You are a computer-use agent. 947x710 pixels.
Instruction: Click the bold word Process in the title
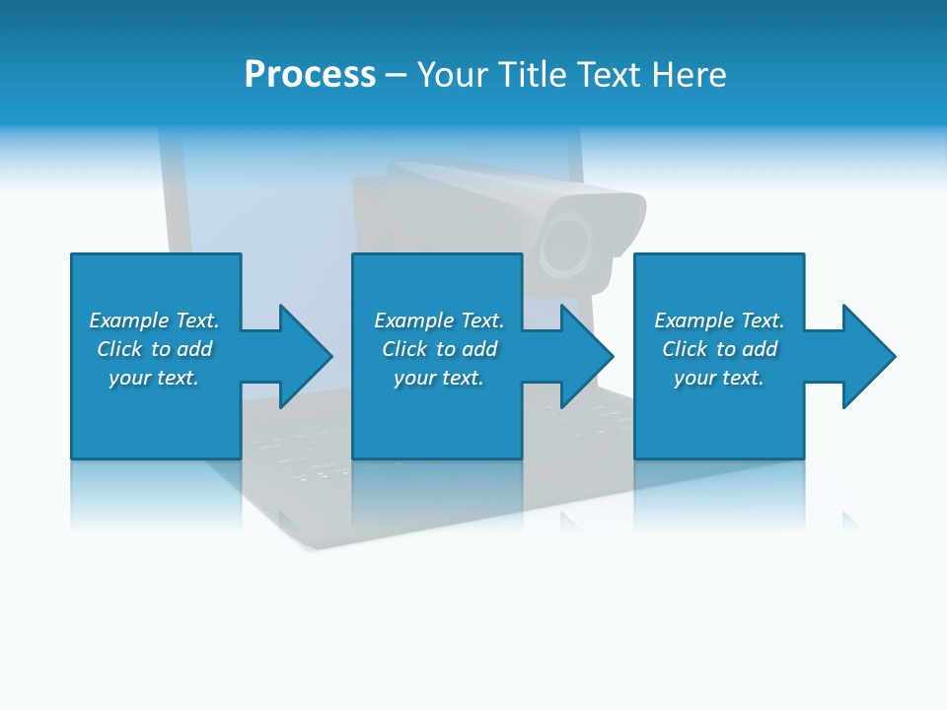[x=310, y=75]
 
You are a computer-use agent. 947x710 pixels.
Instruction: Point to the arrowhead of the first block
[x=304, y=356]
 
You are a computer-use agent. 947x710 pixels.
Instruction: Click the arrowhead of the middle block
[x=586, y=356]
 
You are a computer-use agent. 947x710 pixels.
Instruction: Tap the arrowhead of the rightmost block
[x=868, y=356]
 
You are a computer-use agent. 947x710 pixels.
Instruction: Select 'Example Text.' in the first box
[x=154, y=320]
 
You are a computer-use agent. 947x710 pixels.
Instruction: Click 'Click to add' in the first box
[x=154, y=349]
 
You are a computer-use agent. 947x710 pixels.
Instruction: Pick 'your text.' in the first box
[x=154, y=378]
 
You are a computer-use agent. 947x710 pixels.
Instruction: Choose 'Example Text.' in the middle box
[x=439, y=320]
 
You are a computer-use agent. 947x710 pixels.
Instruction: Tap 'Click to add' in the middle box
[x=439, y=349]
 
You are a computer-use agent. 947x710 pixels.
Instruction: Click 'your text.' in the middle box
[x=439, y=378]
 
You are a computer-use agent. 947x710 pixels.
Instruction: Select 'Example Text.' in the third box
[x=719, y=320]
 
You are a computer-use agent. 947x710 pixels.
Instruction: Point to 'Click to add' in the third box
[x=719, y=349]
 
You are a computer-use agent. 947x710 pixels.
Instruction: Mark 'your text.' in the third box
[x=719, y=378]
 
